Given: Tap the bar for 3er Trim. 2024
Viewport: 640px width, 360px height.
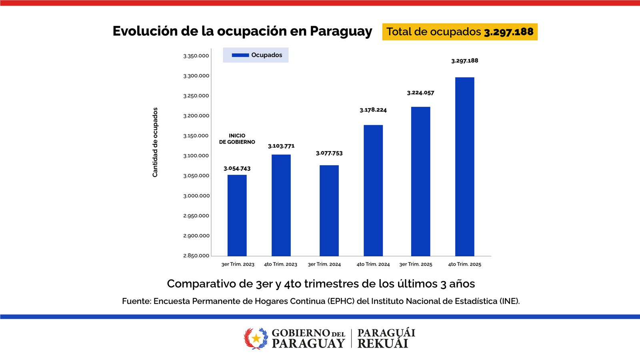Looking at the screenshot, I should coord(329,210).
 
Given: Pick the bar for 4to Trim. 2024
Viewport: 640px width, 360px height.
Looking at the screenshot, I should coord(373,190).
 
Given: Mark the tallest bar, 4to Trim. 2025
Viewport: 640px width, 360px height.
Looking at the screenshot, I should coord(465,166).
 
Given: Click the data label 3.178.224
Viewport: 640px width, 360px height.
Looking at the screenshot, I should coord(373,110).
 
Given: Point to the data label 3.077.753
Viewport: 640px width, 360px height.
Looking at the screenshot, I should coord(329,153).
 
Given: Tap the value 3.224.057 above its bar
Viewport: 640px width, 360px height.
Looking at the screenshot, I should coord(420,93).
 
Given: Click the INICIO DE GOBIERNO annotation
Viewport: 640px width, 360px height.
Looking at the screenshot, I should coord(237,139).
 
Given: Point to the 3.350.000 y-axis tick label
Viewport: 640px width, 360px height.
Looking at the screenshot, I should coord(196,56).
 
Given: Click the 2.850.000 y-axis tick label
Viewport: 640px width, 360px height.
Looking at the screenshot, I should coord(196,256).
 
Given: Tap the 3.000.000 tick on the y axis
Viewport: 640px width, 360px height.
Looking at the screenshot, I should coord(196,196).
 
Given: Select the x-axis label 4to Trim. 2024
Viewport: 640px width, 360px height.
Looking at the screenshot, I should coord(373,264).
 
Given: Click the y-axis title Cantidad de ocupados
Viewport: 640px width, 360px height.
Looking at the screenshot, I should coord(155,142).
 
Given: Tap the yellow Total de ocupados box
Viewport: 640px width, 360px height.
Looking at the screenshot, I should coord(460,32).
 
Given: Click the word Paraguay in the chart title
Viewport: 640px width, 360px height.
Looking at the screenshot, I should coord(341,31).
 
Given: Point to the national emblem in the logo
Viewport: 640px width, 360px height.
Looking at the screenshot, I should coord(256,338).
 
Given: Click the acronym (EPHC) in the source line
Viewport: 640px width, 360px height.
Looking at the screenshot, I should coord(341,301).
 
